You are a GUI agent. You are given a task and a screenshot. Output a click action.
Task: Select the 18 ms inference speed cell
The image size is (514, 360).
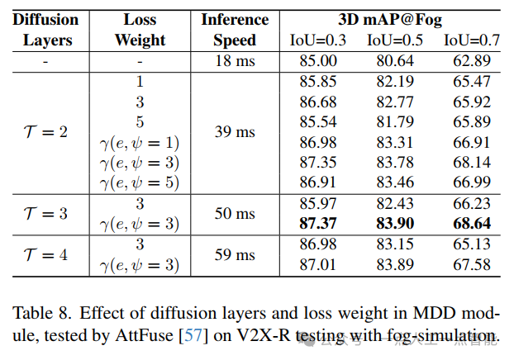(x=235, y=61)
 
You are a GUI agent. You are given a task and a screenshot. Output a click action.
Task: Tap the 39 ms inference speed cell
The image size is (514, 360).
(x=235, y=132)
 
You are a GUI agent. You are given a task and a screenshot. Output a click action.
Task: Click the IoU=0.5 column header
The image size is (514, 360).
(x=395, y=40)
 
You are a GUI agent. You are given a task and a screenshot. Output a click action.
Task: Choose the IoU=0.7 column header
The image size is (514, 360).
(x=471, y=40)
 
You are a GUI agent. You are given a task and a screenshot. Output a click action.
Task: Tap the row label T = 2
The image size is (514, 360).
(x=45, y=132)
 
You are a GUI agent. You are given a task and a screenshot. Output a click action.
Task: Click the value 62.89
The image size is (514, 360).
(x=472, y=61)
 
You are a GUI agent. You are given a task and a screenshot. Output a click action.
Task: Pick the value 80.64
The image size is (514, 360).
(x=395, y=61)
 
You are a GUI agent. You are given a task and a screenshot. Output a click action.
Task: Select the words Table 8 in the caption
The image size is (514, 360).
(x=38, y=315)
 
